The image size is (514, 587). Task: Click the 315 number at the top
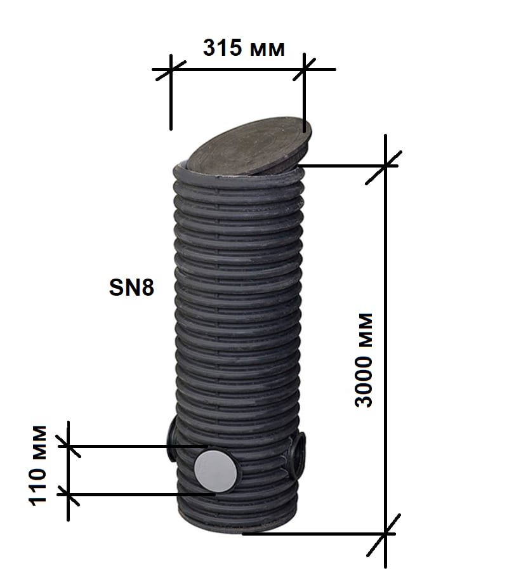222,48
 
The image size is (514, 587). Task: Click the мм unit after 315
267,49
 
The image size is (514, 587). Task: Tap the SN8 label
131,287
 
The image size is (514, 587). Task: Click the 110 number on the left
38,487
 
